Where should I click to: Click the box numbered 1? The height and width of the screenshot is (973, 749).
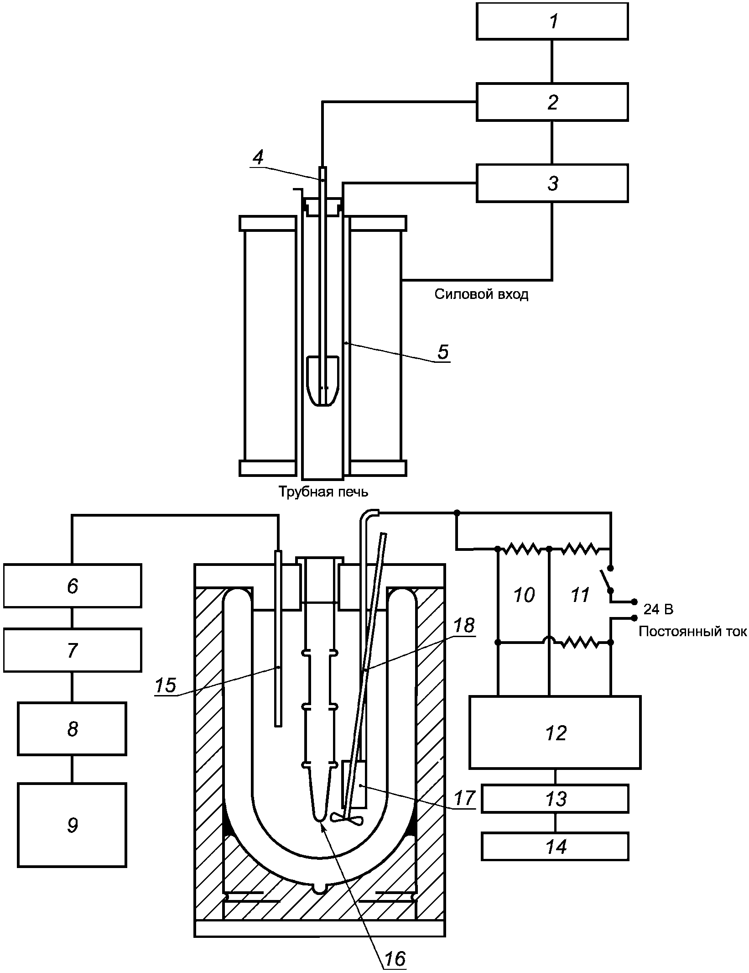click(552, 21)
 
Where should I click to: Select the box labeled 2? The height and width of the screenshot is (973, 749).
click(552, 102)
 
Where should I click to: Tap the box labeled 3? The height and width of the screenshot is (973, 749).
click(552, 183)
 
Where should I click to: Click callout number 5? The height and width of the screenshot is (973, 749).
click(442, 352)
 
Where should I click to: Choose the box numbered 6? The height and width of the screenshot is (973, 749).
click(73, 586)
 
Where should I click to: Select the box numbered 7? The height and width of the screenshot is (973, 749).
click(73, 650)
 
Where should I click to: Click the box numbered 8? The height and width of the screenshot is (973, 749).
click(72, 729)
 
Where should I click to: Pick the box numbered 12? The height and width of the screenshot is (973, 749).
click(555, 732)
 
